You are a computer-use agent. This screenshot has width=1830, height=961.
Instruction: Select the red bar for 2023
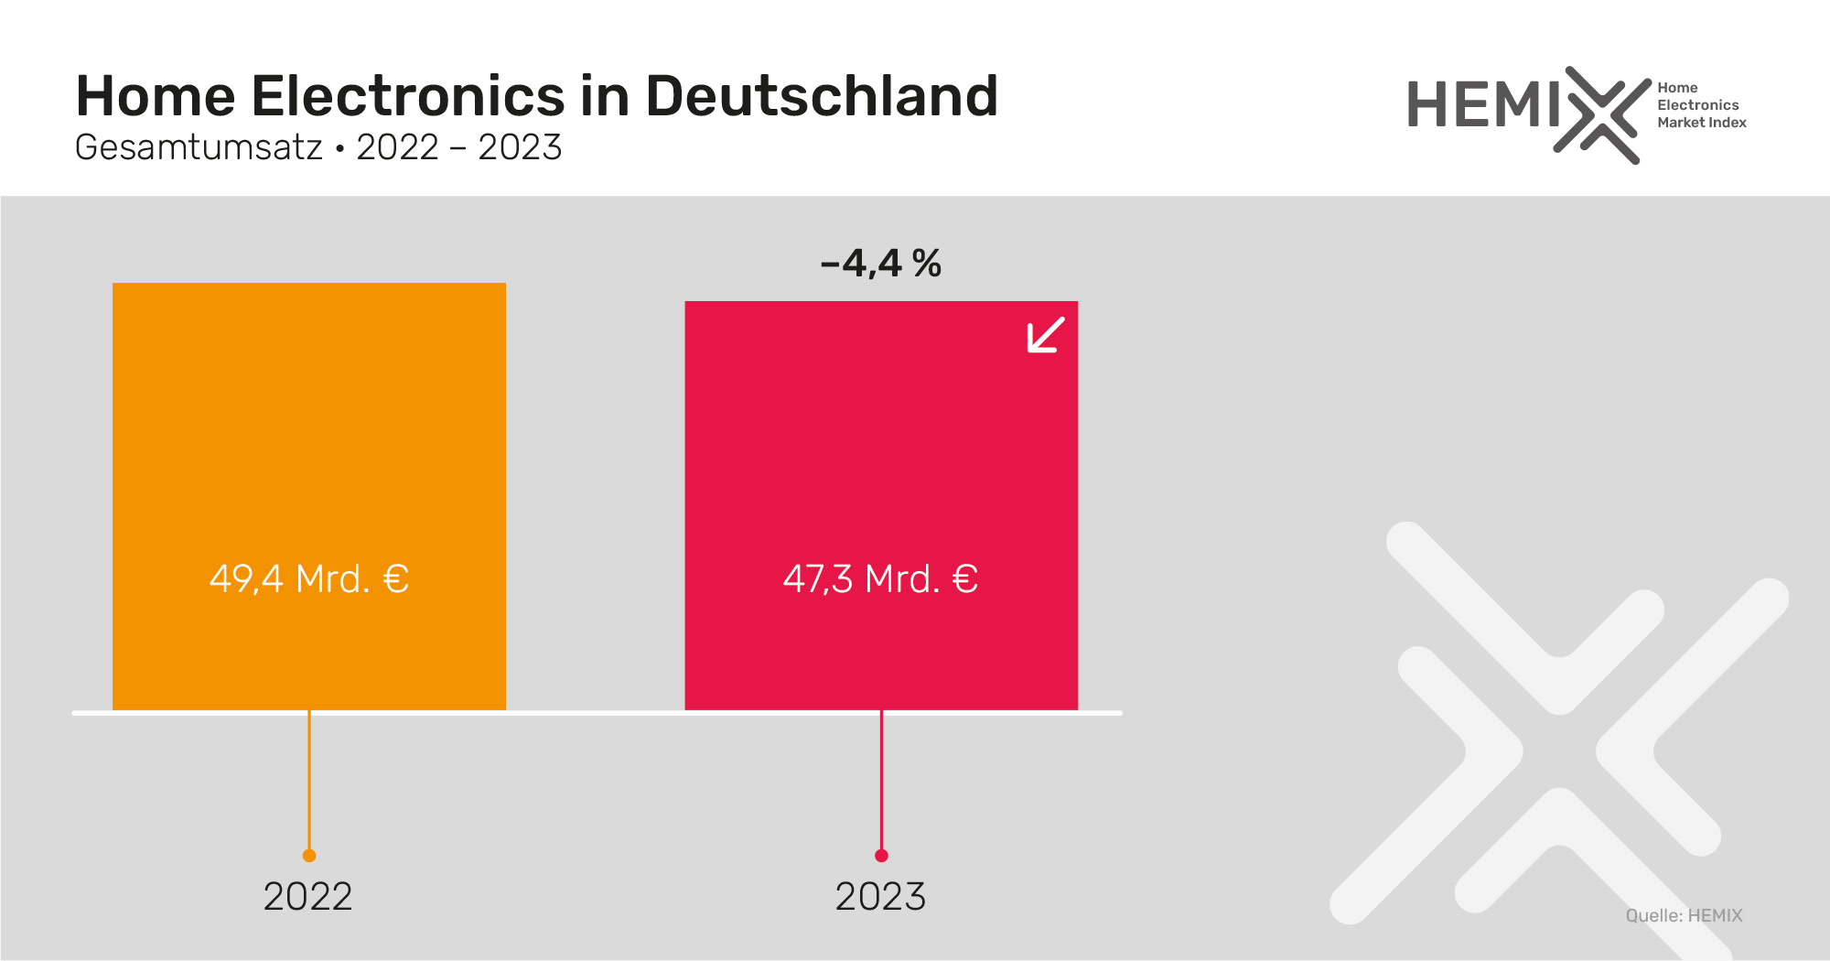tap(880, 439)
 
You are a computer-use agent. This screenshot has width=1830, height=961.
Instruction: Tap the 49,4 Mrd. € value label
tap(308, 578)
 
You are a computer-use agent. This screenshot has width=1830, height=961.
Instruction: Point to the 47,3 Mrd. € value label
tap(880, 578)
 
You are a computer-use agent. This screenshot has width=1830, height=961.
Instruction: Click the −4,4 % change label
tap(880, 264)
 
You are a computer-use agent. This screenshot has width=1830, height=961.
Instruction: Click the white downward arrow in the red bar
tap(1045, 335)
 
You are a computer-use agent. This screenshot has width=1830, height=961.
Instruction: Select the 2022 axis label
tap(307, 896)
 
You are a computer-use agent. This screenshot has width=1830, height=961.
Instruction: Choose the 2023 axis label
tap(880, 896)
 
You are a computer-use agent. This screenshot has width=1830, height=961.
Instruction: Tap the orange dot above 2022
tap(309, 856)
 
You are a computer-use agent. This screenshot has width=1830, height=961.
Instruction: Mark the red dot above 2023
tap(881, 856)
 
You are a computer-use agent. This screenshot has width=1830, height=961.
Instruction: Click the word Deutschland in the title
tap(821, 96)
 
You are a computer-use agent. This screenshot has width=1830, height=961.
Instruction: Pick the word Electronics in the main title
tap(408, 96)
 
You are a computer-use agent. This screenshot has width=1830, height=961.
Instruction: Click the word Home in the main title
tap(156, 96)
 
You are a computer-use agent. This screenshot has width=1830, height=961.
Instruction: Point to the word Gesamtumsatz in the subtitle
tap(199, 147)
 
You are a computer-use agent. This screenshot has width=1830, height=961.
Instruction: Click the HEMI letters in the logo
tap(1482, 105)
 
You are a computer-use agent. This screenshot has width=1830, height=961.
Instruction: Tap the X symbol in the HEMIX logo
tap(1601, 115)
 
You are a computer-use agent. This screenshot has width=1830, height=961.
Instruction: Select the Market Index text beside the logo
tap(1701, 123)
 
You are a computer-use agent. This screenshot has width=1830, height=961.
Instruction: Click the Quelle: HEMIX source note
tap(1684, 915)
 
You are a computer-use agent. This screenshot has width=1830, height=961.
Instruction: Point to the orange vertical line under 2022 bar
tap(309, 783)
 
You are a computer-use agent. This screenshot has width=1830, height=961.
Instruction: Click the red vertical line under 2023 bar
tap(881, 783)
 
